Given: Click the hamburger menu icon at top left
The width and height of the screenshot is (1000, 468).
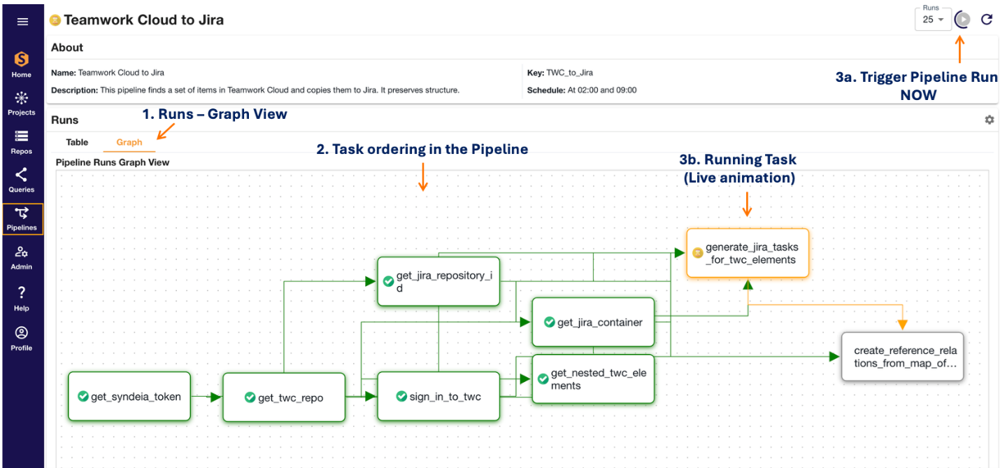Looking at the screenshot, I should tap(22, 22).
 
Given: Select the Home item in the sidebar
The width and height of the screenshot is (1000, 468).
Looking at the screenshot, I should tap(22, 64).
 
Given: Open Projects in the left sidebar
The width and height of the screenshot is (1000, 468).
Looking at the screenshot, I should tap(22, 102).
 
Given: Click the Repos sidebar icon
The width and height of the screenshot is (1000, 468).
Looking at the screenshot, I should tap(22, 141).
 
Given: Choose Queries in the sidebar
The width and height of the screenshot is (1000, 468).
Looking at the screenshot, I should tap(22, 179).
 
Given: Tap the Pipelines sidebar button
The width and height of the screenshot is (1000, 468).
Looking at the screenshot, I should tap(22, 218).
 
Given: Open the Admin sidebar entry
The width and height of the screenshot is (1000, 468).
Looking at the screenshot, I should tap(22, 257).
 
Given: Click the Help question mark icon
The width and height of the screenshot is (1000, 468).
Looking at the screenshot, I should tap(22, 297).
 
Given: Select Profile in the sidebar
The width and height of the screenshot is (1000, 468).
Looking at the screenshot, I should tap(22, 337).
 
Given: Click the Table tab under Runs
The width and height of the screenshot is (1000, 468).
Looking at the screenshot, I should tap(77, 142).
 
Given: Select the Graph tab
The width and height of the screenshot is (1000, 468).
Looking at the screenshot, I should tap(129, 142).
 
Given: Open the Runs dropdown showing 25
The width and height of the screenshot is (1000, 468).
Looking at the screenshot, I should tap(933, 20).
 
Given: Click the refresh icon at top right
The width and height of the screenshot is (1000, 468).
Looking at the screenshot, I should tap(987, 20).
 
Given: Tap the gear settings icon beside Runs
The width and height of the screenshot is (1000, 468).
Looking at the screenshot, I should tap(989, 120).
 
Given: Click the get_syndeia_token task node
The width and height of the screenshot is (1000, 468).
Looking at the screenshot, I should tap(129, 397).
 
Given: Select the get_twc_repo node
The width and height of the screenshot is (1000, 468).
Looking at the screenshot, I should tap(284, 397).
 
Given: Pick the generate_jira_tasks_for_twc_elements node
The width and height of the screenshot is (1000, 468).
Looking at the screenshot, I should tap(748, 253).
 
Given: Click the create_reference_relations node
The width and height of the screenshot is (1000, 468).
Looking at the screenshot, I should tap(902, 357).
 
